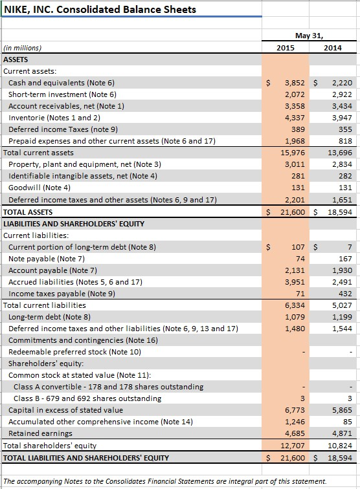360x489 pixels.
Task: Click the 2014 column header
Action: click(x=333, y=47)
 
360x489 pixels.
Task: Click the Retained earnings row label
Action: click(x=40, y=433)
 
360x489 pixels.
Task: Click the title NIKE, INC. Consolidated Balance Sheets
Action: click(x=100, y=10)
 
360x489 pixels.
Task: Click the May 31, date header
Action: click(x=308, y=36)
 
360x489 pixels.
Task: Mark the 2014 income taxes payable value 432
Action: click(x=345, y=293)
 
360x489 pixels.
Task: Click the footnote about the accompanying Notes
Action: click(x=164, y=481)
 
